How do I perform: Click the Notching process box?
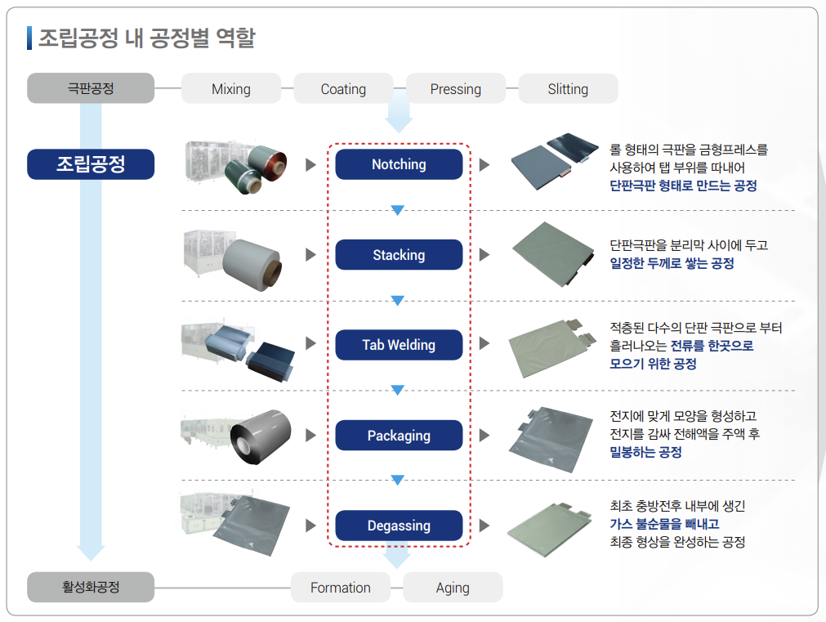(399, 164)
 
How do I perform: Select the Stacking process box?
(399, 255)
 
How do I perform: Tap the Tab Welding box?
(399, 345)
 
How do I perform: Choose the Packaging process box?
(399, 436)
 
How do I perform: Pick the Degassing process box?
(399, 526)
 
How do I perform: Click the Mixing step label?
(230, 89)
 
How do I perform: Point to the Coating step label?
(343, 89)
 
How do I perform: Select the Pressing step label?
(455, 89)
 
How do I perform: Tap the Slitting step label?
(568, 89)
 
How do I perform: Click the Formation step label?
(340, 588)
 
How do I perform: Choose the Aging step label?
(453, 588)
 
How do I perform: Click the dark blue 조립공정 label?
(91, 164)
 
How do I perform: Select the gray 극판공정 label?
(91, 88)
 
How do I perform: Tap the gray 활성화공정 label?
(91, 587)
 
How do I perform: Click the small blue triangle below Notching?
(398, 210)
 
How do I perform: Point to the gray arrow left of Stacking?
(310, 255)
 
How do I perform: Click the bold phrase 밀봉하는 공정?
(645, 452)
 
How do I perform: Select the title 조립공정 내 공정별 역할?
(146, 38)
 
